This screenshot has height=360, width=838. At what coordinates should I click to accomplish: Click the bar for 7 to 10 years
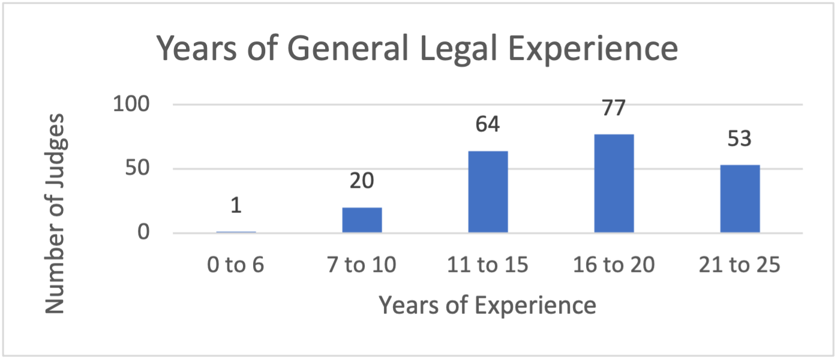(362, 220)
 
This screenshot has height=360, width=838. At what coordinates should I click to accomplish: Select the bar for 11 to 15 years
(488, 192)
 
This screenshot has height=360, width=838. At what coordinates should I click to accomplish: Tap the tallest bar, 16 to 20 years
(614, 184)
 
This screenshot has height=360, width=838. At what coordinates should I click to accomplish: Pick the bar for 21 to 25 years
(740, 199)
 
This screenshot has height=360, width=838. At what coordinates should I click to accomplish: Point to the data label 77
(614, 109)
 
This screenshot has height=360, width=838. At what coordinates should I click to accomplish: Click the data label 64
(488, 125)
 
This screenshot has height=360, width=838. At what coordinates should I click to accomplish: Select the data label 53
(740, 139)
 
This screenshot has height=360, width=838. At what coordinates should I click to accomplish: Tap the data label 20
(362, 181)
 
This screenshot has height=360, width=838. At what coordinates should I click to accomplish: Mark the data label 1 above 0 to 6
(236, 206)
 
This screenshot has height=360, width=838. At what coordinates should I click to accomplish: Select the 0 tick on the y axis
(143, 233)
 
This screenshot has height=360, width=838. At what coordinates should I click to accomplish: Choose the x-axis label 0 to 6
(236, 265)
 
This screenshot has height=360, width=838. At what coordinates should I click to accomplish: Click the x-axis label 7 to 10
(362, 265)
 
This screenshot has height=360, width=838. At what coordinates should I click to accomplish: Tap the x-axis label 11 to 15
(488, 265)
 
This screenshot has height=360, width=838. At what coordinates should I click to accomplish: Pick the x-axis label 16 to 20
(614, 265)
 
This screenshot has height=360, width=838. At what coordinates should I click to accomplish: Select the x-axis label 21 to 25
(740, 265)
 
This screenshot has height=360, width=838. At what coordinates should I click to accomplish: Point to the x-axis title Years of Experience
(487, 305)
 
